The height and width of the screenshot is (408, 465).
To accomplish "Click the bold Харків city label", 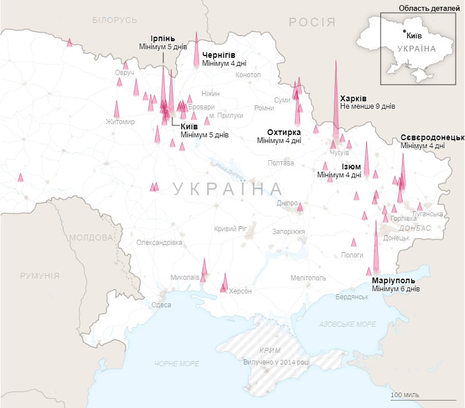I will point(353,98).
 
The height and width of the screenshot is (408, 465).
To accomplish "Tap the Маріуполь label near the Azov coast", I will point(393,281).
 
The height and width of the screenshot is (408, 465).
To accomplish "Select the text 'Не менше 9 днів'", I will point(367,106).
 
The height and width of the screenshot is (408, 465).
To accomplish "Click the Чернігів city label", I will point(219,55).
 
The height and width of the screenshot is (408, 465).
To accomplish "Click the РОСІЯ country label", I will point(312,22).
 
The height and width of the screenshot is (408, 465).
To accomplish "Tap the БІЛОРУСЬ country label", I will point(115,20).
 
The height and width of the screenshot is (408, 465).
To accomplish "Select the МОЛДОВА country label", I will point(91,237).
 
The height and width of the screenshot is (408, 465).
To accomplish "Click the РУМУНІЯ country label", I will point(40,276).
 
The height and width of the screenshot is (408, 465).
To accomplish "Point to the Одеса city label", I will point(161,305).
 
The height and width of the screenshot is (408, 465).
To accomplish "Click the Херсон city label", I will point(240,291).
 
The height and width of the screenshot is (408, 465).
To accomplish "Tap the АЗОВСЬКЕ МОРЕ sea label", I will point(348,324).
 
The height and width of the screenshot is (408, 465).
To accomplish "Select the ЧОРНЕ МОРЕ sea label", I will point(177,364).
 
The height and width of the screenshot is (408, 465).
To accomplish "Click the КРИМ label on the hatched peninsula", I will point(269,350).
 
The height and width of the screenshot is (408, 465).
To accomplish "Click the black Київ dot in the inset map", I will point(404,30).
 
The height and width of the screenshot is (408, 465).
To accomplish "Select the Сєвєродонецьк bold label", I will point(432,138).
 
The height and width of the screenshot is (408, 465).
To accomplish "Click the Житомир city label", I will point(120,122).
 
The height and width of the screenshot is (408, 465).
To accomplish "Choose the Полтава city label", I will point(281,163).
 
